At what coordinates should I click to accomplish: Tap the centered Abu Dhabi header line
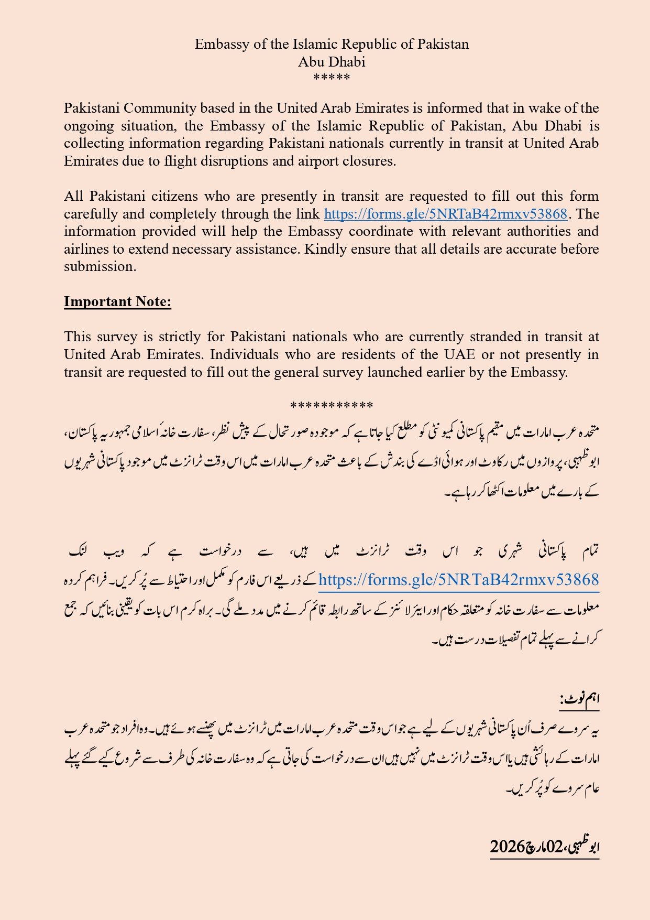332,62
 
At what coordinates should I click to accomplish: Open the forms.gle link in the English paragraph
446,214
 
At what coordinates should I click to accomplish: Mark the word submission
100,266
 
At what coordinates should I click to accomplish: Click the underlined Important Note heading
117,301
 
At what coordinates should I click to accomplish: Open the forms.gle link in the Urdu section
458,580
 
